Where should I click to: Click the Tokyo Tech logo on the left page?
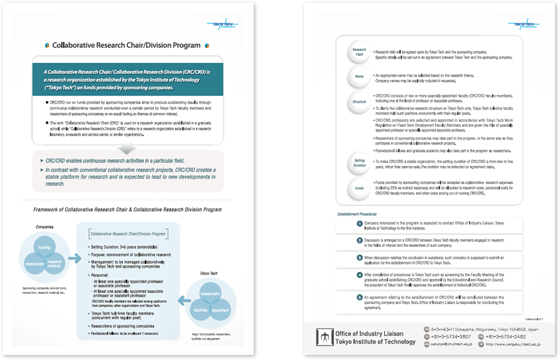(x=220, y=26)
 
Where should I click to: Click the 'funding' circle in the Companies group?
(x=44, y=249)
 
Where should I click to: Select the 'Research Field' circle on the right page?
(x=360, y=52)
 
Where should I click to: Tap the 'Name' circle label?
(x=360, y=77)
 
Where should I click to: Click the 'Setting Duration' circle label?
(x=360, y=163)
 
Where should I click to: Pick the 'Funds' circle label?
(x=360, y=187)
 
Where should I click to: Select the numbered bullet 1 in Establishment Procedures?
(x=359, y=225)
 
